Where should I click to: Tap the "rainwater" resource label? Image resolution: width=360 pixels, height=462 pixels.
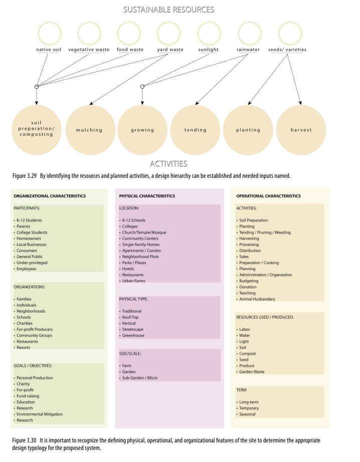tap(248, 50)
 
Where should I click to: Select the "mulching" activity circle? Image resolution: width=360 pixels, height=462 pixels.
tap(89, 130)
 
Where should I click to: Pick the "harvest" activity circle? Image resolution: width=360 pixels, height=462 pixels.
tap(301, 130)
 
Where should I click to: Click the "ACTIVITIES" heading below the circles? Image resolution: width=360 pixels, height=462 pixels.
tap(168, 163)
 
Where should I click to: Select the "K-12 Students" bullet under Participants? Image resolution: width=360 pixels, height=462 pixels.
tap(29, 220)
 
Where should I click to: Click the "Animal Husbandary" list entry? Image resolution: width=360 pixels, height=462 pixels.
tap(257, 299)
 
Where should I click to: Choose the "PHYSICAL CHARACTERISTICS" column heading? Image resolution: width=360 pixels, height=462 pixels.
tap(147, 196)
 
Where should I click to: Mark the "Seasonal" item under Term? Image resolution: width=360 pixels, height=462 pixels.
tap(247, 414)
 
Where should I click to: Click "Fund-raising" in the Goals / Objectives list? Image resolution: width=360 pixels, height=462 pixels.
tap(28, 396)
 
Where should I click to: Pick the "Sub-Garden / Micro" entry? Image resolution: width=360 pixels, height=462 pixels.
tap(140, 378)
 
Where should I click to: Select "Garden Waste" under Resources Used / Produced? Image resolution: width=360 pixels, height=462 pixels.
tap(252, 372)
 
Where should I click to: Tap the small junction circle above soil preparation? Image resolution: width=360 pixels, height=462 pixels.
tap(37, 87)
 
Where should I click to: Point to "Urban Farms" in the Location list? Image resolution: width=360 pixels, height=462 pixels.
tap(134, 281)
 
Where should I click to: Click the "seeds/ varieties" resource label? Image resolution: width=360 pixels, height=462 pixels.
tap(287, 50)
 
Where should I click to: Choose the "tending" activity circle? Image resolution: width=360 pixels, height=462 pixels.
tap(195, 130)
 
